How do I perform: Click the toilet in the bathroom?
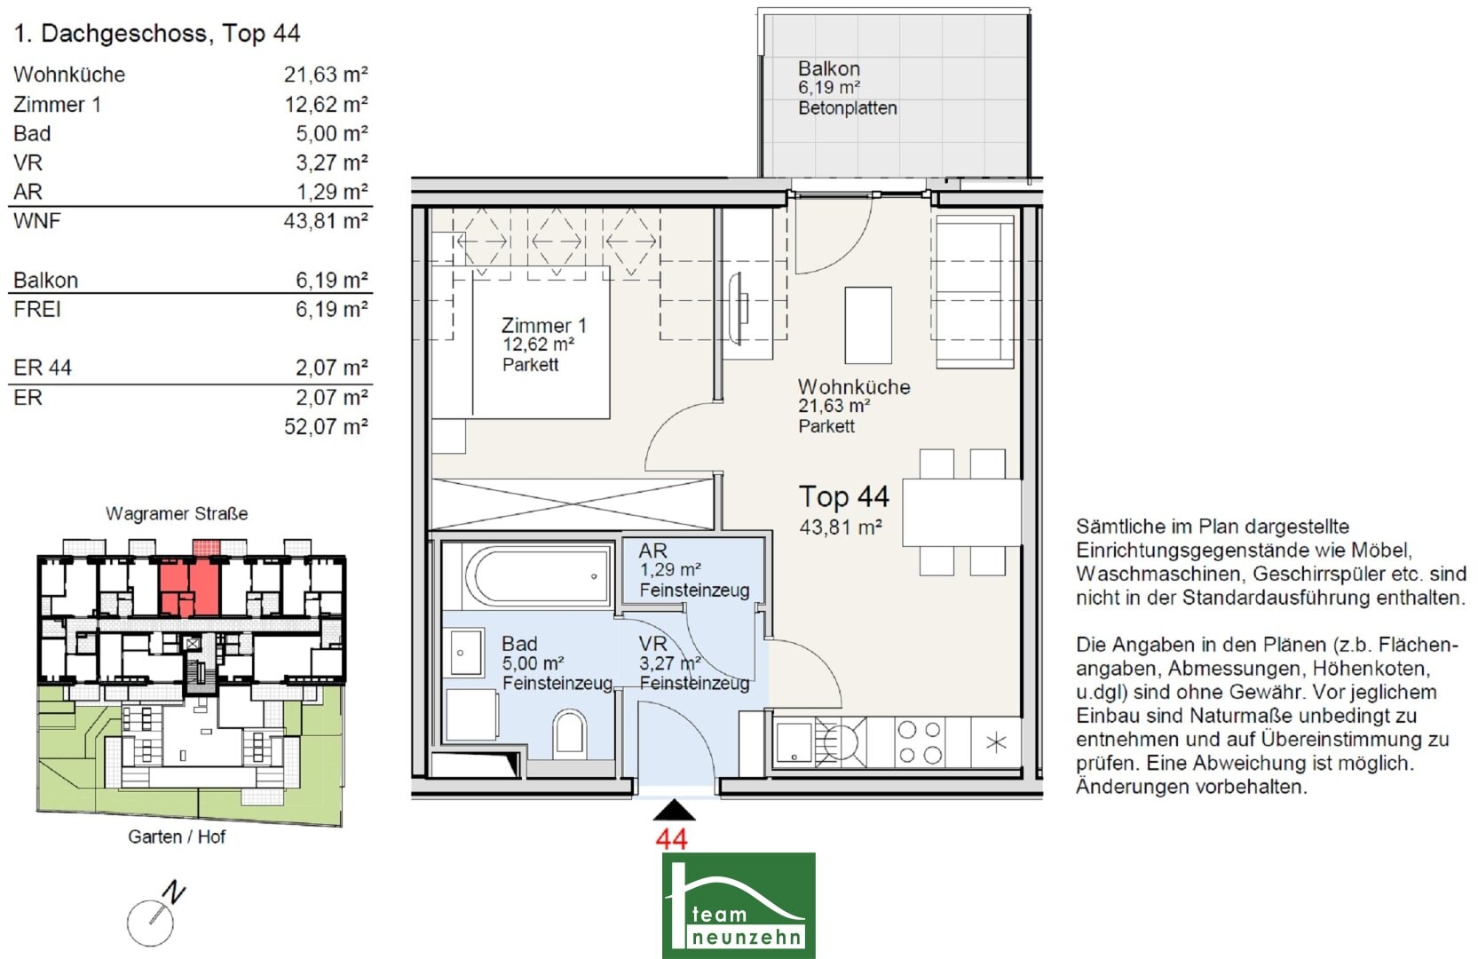(x=569, y=732)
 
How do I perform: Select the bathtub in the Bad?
(x=536, y=575)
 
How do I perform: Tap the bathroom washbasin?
(x=465, y=652)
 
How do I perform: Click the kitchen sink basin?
(x=794, y=741)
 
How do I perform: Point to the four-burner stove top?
(x=920, y=741)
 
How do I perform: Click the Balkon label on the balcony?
(x=829, y=68)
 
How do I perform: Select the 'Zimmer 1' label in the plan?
(x=543, y=325)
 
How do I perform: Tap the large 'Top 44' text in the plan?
(x=844, y=496)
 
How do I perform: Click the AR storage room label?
(x=652, y=551)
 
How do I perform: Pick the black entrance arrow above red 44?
(x=674, y=811)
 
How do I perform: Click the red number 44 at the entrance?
(x=672, y=839)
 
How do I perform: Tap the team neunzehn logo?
(x=739, y=905)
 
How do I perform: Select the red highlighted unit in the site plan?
(x=189, y=582)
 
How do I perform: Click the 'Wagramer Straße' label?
(x=177, y=513)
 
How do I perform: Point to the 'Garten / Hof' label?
(x=177, y=836)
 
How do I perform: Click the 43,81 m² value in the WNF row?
(x=326, y=220)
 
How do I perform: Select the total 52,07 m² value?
(x=326, y=426)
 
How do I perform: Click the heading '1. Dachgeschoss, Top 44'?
(x=157, y=33)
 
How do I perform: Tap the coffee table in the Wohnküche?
(x=868, y=325)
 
